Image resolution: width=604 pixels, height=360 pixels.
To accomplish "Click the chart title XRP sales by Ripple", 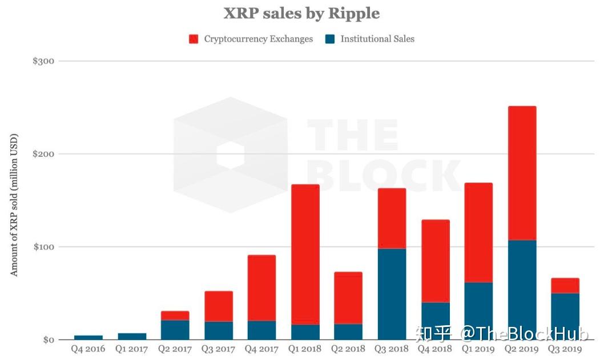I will tap(301, 13).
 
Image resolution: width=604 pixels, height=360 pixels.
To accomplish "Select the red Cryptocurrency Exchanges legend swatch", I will tap(194, 39).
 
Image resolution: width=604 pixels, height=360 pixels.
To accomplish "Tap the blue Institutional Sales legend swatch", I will tap(330, 39).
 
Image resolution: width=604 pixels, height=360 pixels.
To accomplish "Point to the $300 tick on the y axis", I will tap(43, 61).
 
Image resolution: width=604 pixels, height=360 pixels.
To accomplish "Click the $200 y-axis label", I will tap(43, 154).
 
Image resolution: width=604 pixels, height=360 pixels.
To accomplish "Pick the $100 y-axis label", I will tap(43, 247).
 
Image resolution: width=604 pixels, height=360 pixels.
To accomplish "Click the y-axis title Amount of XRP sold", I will tap(14, 205).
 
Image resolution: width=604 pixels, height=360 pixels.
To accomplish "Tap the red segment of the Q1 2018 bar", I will tap(305, 254).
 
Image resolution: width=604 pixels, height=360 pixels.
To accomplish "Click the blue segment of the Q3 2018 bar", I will tap(392, 294).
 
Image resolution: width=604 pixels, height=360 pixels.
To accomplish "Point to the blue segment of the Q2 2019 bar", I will tap(522, 290).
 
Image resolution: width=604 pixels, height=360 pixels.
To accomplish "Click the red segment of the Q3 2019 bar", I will tap(565, 285).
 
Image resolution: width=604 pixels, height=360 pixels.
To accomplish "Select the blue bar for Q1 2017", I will tap(131, 337).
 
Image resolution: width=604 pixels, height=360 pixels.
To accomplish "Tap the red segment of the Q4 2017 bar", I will tap(261, 288).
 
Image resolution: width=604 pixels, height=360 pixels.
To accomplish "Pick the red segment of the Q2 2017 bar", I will tap(175, 315).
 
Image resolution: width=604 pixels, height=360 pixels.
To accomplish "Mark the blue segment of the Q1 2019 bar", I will tap(478, 311).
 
